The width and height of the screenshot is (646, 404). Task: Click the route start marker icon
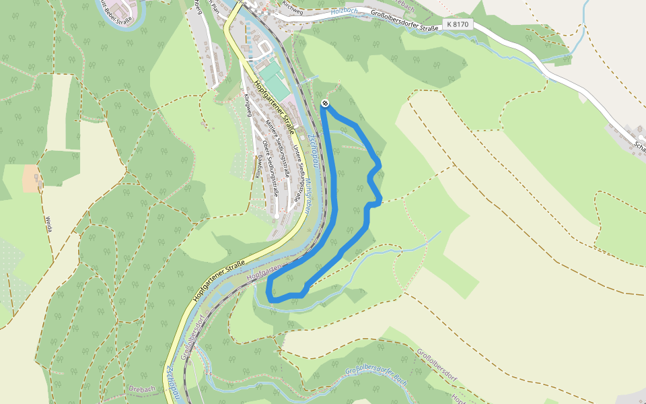[325, 103]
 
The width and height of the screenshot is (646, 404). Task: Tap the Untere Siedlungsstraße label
[301, 171]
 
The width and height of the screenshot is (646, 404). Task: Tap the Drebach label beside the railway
[143, 389]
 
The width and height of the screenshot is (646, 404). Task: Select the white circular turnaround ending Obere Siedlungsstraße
[276, 215]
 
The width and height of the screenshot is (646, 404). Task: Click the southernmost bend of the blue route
[272, 296]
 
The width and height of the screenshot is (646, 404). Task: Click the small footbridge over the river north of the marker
[311, 79]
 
